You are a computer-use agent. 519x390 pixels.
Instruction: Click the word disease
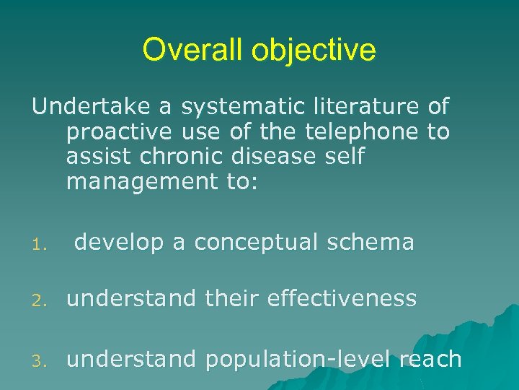[x=280, y=157]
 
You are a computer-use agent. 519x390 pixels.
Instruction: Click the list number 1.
[x=43, y=244]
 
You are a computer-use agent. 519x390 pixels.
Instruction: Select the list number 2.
[x=43, y=300]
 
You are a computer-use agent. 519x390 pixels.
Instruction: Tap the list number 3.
[x=43, y=360]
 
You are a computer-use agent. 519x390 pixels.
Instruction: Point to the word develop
[x=119, y=243]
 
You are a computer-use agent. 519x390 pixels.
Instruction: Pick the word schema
[x=375, y=242]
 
